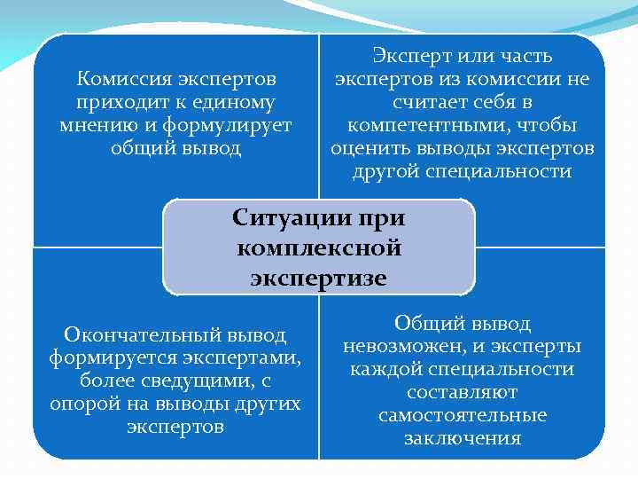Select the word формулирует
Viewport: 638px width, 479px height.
tap(240, 125)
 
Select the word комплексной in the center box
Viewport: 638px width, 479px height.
tap(319, 247)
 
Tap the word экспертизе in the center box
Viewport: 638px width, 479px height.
tap(319, 278)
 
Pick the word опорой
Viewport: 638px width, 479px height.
tap(80, 404)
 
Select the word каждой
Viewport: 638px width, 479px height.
tap(385, 370)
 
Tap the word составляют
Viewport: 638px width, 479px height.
tap(463, 392)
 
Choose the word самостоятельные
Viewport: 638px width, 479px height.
tap(463, 415)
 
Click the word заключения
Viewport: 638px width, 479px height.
tap(463, 438)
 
